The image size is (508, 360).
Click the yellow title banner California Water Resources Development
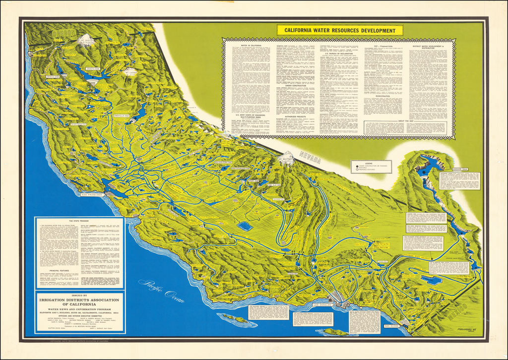pos(340,30)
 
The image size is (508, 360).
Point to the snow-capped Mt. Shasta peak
pos(87,43)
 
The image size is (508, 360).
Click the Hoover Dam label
pos(459,169)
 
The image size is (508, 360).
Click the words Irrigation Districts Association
pos(79,300)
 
